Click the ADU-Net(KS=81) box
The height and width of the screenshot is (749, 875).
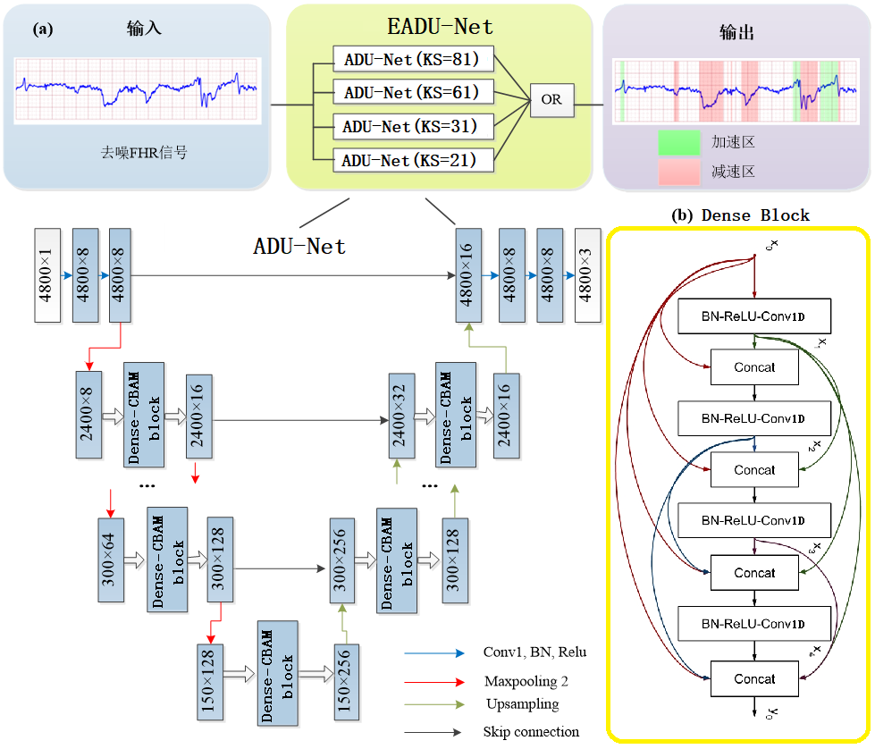(413, 60)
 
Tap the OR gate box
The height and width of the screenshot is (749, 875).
(551, 100)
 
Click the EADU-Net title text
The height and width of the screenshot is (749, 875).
(439, 27)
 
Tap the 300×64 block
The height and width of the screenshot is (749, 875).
(112, 560)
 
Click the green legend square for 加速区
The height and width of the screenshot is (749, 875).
(678, 142)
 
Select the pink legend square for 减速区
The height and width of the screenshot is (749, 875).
(678, 172)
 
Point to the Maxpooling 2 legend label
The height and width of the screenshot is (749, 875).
(526, 681)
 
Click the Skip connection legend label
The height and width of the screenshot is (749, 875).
(531, 732)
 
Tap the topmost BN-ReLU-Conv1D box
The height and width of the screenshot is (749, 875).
(754, 316)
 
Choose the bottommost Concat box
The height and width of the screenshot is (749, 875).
(754, 678)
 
